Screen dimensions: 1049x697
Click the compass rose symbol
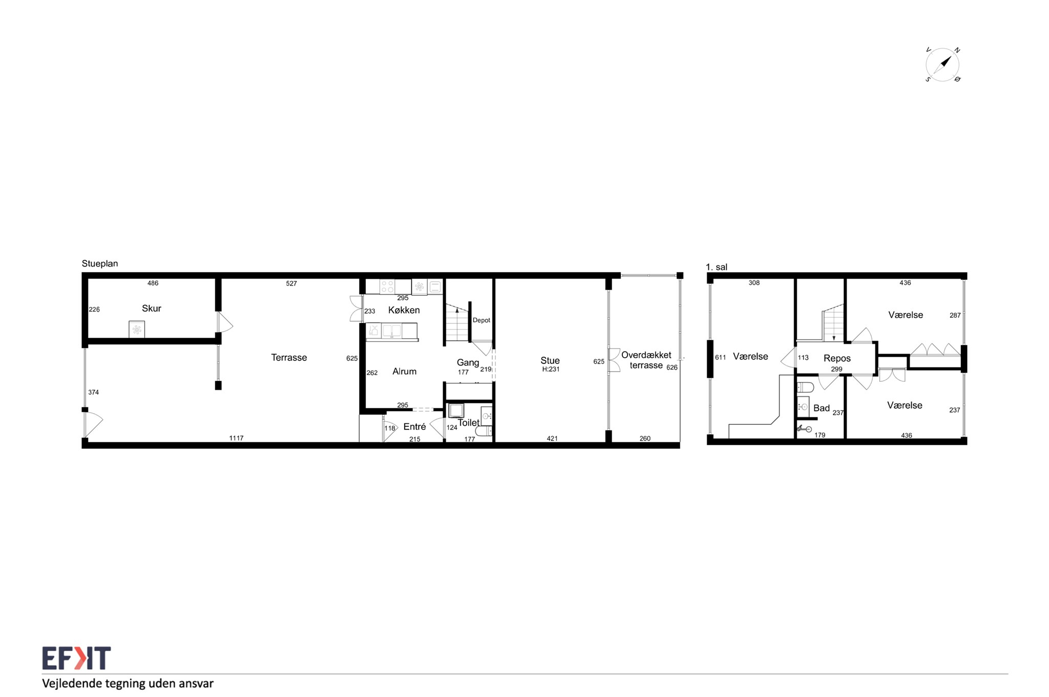[x=942, y=65]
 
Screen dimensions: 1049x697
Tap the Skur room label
[x=152, y=308]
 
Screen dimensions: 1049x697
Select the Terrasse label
[x=289, y=357]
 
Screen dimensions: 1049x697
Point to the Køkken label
[x=404, y=310]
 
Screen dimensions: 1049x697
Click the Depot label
[x=481, y=320]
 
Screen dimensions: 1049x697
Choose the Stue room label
[x=550, y=360]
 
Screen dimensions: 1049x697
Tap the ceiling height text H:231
[x=551, y=369]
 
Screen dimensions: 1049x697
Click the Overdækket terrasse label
[x=646, y=360]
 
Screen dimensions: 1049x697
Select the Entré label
[x=414, y=426]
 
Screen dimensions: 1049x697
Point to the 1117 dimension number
[x=236, y=438]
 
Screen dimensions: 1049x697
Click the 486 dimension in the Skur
[x=153, y=283]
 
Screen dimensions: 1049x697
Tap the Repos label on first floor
[x=837, y=358]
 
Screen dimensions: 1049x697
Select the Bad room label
[x=822, y=408]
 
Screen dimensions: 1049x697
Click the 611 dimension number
[x=720, y=358]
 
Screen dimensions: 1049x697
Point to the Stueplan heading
[x=100, y=263]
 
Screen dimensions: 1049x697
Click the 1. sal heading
[x=717, y=267]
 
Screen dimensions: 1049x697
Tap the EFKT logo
[x=76, y=658]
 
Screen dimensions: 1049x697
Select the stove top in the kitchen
[x=387, y=286]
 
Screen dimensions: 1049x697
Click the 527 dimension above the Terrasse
[x=291, y=283]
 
